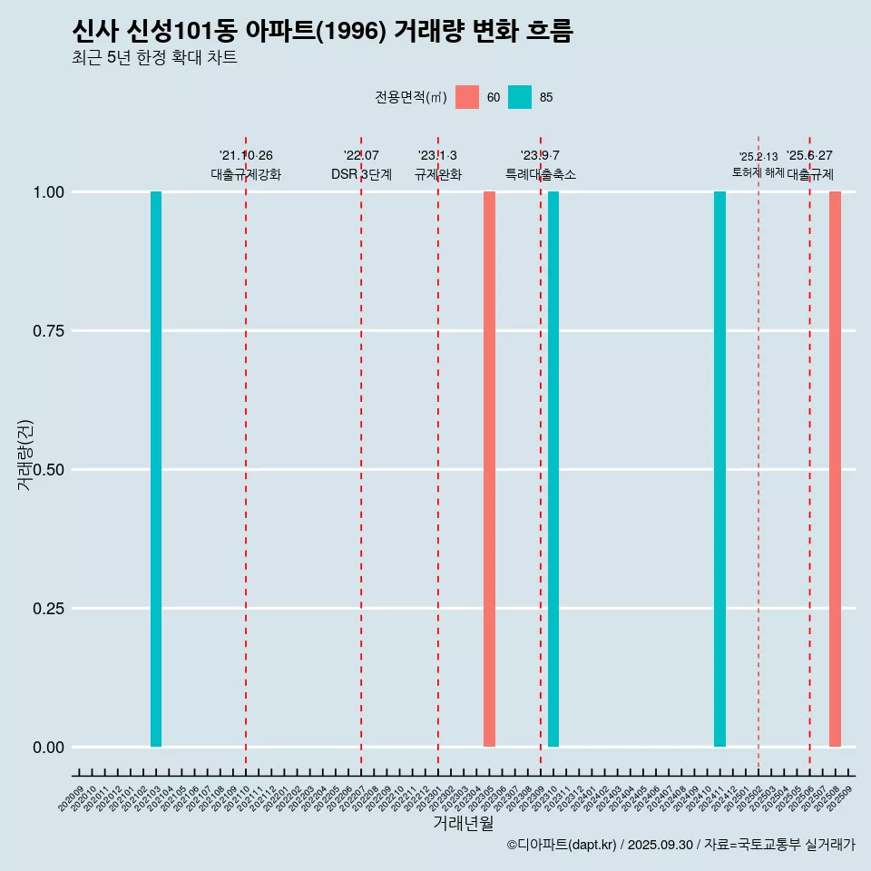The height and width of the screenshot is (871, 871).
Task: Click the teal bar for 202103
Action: coord(156,469)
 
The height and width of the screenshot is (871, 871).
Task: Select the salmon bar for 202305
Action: coord(489,469)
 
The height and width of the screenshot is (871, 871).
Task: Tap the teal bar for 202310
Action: coord(553,469)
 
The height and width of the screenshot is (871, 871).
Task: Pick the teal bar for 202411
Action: coord(719,469)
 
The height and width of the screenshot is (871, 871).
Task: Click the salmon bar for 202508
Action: coord(835,469)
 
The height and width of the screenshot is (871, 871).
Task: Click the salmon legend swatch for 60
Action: coord(467,97)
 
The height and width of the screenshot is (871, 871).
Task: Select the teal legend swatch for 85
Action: coord(520,97)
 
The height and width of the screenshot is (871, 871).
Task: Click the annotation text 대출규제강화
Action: coord(246,174)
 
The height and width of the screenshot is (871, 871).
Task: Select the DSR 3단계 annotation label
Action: coord(361,174)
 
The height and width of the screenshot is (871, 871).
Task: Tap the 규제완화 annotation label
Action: coord(438,174)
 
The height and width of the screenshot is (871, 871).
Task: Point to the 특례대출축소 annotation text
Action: coord(541,174)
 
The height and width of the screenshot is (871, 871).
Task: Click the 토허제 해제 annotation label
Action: coord(758,172)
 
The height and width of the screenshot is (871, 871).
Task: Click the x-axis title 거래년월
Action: coord(464,824)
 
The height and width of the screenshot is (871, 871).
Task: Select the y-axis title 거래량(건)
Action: coord(25,455)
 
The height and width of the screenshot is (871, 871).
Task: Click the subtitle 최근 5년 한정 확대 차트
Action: coord(154,58)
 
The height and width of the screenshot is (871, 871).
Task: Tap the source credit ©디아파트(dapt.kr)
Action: coord(563,846)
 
